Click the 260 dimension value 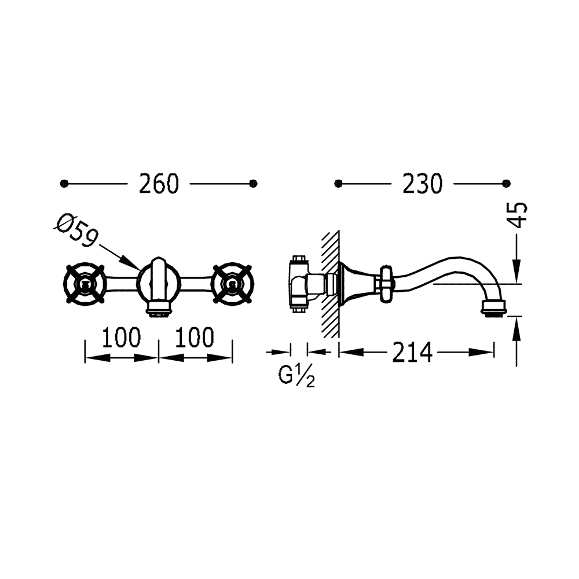[x=159, y=184]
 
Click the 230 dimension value [x=422, y=184]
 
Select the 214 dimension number [x=412, y=353]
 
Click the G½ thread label [x=296, y=376]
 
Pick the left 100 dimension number [x=122, y=337]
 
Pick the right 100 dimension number [x=195, y=337]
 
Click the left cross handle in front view [x=85, y=284]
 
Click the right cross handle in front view [x=232, y=284]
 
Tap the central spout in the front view [x=159, y=281]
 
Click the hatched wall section [x=331, y=284]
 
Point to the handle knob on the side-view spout [x=386, y=284]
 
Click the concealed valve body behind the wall [x=299, y=284]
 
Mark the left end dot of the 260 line [x=64, y=183]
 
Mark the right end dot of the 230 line [x=507, y=183]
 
